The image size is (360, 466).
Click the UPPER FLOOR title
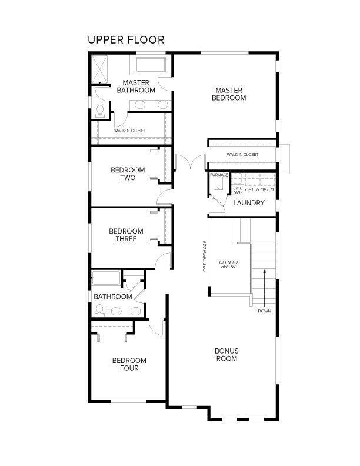pyautogui.click(x=126, y=40)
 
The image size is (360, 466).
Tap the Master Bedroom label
pyautogui.click(x=229, y=94)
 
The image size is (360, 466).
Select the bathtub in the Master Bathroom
pyautogui.click(x=151, y=65)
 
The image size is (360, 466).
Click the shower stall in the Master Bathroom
pyautogui.click(x=99, y=69)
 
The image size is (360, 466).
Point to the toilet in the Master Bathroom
pyautogui.click(x=100, y=111)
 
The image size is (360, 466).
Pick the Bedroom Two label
pyautogui.click(x=128, y=174)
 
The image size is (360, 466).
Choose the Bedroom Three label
pyautogui.click(x=126, y=235)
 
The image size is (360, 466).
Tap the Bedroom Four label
pyautogui.click(x=129, y=364)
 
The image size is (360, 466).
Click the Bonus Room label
pyautogui.click(x=226, y=355)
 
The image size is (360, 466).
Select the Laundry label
pyautogui.click(x=249, y=203)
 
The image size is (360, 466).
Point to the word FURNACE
pyautogui.click(x=219, y=175)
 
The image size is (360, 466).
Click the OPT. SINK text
pyautogui.click(x=238, y=190)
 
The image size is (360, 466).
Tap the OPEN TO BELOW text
pyautogui.click(x=228, y=264)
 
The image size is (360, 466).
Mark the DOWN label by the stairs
pyautogui.click(x=264, y=311)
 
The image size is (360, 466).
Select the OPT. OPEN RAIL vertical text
pyautogui.click(x=205, y=256)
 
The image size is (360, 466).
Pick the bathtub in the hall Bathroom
pyautogui.click(x=106, y=278)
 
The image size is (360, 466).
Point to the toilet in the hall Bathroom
pyautogui.click(x=99, y=310)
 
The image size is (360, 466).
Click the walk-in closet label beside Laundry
pyautogui.click(x=242, y=155)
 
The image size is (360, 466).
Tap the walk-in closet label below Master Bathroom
pyautogui.click(x=130, y=131)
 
